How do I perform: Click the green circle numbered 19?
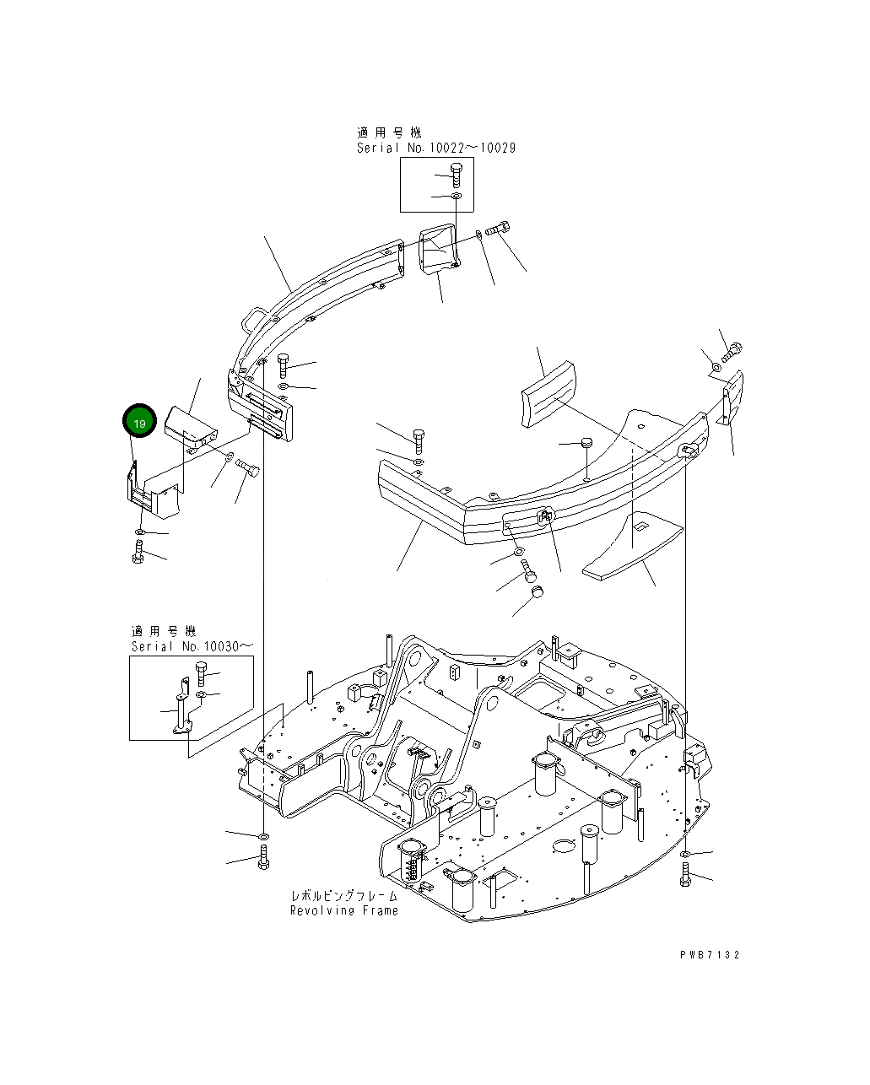pos(139,422)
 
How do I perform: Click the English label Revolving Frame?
pos(343,911)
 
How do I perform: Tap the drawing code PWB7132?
pos(710,955)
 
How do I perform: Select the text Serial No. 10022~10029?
pos(435,148)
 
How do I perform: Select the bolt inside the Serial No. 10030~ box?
pos(202,674)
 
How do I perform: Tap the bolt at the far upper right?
pos(732,351)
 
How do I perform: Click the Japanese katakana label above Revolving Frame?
pos(343,896)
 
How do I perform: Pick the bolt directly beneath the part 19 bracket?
pos(138,553)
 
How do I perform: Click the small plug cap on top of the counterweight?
pos(586,443)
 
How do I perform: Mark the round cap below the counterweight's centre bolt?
pos(537,594)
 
